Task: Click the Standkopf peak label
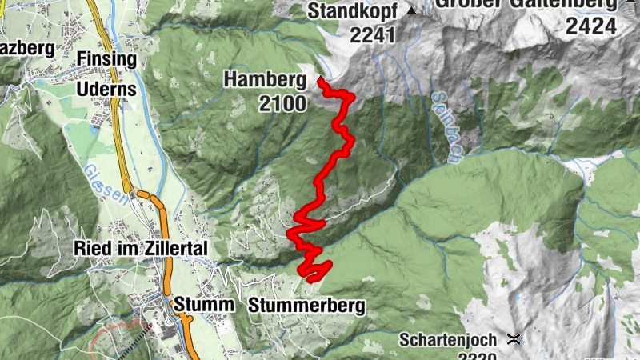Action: (354, 11)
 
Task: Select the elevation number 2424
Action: (591, 26)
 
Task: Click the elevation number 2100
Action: (282, 103)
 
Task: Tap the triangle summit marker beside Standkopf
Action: (412, 11)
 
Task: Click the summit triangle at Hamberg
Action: (320, 79)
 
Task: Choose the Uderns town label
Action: (106, 90)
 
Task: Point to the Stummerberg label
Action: (306, 306)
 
